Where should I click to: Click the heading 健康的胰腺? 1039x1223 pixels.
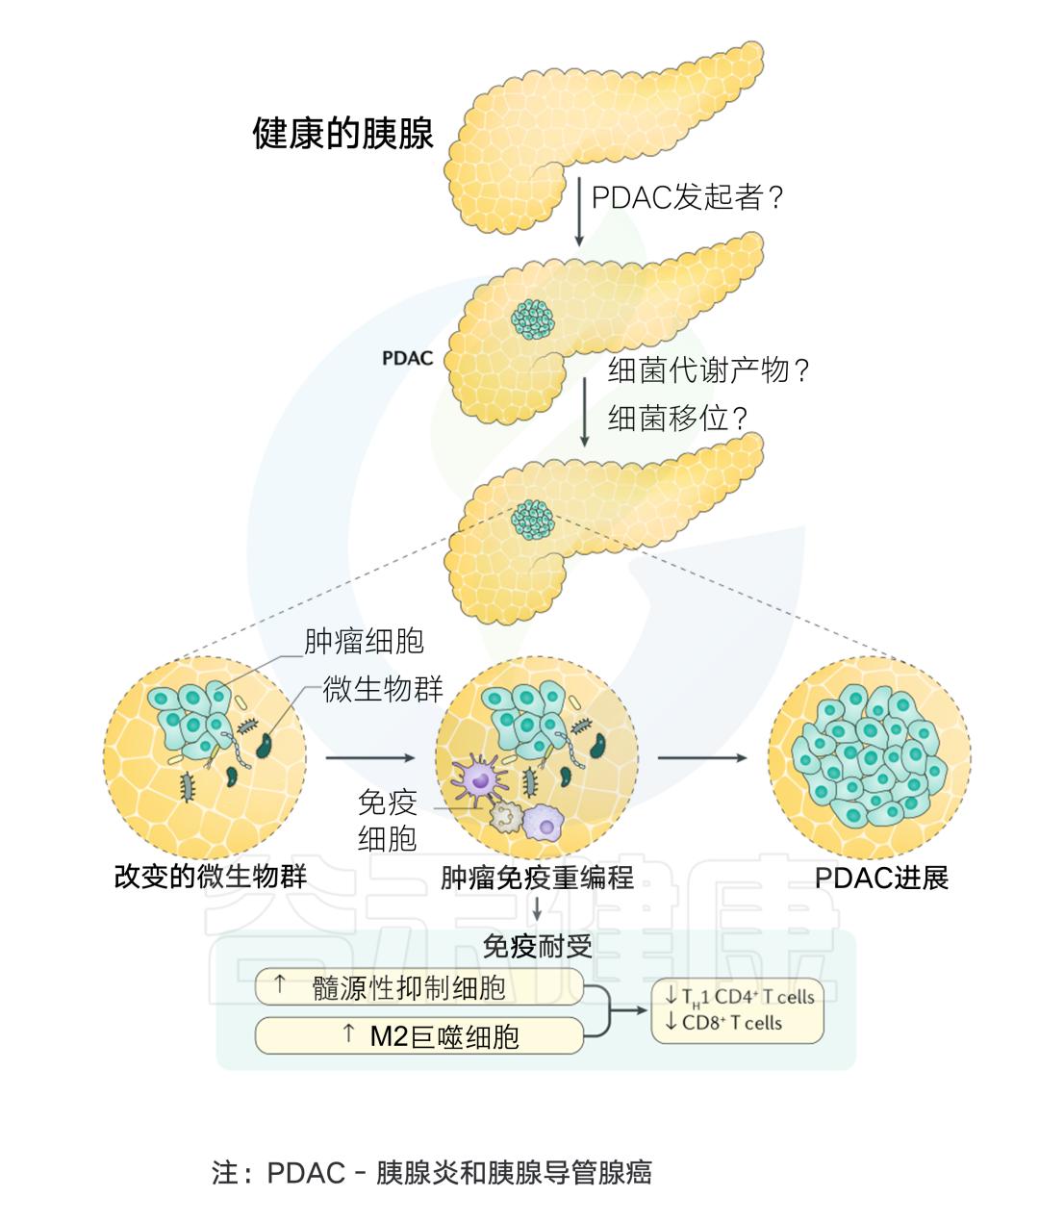point(342,134)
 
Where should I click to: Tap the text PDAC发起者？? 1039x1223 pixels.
point(689,197)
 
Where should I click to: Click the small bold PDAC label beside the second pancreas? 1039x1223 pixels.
point(407,359)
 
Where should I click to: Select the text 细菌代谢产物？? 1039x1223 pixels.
point(710,370)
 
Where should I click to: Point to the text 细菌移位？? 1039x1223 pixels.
point(679,417)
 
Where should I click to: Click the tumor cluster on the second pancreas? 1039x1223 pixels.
point(533,318)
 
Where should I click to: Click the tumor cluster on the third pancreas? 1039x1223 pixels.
point(533,519)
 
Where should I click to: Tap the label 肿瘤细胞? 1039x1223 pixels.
point(364,642)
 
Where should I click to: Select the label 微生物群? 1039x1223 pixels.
point(383,689)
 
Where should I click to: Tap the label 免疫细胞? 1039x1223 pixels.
point(387,820)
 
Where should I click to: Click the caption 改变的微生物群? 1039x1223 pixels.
point(210,878)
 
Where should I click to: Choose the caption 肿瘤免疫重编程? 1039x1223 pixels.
point(537,878)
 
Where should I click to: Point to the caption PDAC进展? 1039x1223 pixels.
point(881,878)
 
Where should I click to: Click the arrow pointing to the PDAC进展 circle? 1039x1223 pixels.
point(702,758)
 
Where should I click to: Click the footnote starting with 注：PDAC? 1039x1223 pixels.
point(431,1172)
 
